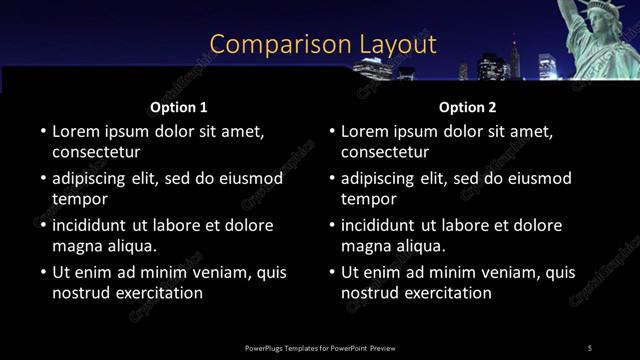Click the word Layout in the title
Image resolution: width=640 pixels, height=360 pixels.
click(397, 44)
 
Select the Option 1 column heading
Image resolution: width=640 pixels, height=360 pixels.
click(179, 107)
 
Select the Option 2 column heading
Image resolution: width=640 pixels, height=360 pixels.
click(467, 107)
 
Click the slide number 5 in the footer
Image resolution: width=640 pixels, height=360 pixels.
click(590, 348)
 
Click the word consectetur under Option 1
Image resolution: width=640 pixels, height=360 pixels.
click(96, 153)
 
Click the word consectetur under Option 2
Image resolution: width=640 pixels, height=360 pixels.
click(385, 153)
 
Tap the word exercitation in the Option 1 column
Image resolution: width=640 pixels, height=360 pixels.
click(160, 293)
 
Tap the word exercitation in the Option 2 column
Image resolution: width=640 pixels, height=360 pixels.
click(449, 293)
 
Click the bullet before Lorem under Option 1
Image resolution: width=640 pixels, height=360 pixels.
click(42, 131)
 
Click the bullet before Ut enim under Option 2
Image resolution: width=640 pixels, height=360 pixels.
click(331, 272)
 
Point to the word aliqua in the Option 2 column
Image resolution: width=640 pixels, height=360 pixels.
click(417, 246)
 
